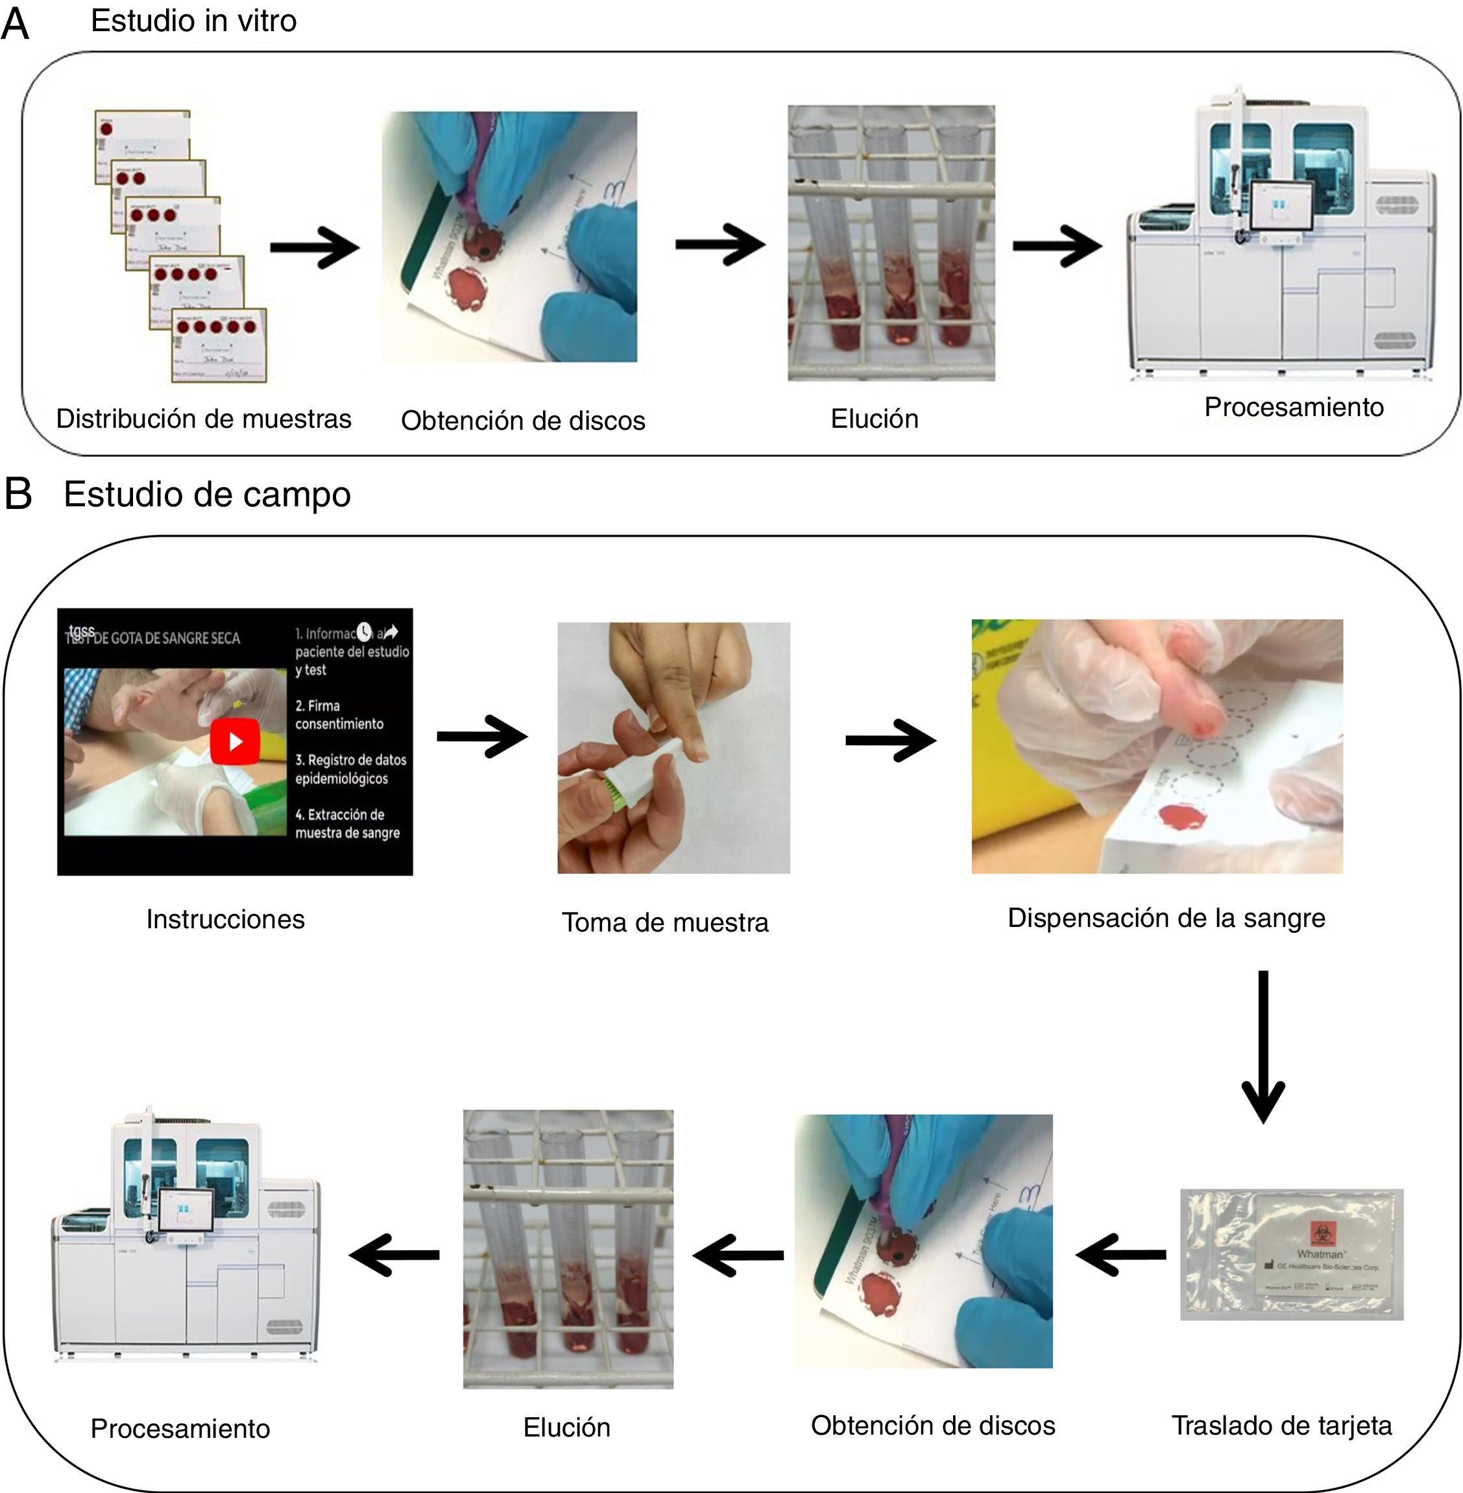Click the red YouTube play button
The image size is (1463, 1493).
[x=234, y=741]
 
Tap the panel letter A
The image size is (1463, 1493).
[x=16, y=24]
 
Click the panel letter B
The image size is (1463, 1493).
[x=18, y=493]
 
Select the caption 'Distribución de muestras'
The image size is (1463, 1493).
[x=204, y=419]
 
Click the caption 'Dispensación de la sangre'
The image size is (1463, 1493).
[x=1166, y=918]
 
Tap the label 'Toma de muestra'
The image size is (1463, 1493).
[x=664, y=922]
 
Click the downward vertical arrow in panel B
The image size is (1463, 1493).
[x=1263, y=1046]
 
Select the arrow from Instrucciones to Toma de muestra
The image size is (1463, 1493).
[x=482, y=737]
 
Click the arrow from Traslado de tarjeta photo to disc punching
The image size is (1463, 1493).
[x=1120, y=1255]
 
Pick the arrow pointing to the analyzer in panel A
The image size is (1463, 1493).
[x=1058, y=246]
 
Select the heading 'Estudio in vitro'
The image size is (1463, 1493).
[x=193, y=21]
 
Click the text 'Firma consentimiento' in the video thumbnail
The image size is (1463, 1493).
[x=339, y=714]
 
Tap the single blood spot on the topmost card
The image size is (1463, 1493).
[x=106, y=129]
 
